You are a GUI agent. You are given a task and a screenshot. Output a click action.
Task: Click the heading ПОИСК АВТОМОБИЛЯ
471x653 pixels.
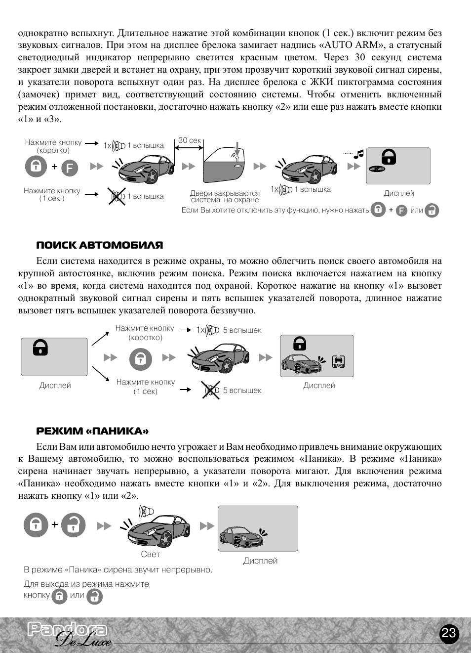pos(99,245)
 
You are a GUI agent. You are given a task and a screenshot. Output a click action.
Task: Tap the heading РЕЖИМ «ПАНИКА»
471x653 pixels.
pos(92,431)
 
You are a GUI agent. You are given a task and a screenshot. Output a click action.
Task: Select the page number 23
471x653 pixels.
pos(448,634)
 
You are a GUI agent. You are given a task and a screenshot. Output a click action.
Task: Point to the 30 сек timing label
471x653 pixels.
pos(190,140)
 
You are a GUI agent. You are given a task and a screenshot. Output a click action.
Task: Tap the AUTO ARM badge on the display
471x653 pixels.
pos(377,169)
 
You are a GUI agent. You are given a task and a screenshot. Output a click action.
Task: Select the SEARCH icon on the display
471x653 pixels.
pos(338,362)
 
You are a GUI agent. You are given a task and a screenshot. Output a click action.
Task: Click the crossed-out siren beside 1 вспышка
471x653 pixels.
pos(117,196)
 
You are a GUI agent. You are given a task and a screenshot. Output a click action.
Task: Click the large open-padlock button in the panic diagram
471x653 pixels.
pos(74,525)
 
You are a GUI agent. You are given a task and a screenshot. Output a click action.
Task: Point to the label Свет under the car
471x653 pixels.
pos(150,554)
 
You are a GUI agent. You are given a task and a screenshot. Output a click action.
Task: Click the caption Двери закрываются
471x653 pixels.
pos(225,193)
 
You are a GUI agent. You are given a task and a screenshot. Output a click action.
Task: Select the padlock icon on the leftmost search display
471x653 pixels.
pos(40,348)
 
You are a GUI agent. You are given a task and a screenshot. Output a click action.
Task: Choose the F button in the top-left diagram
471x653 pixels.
pos(70,169)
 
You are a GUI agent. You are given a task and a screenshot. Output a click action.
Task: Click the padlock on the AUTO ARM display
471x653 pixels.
pos(389,157)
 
